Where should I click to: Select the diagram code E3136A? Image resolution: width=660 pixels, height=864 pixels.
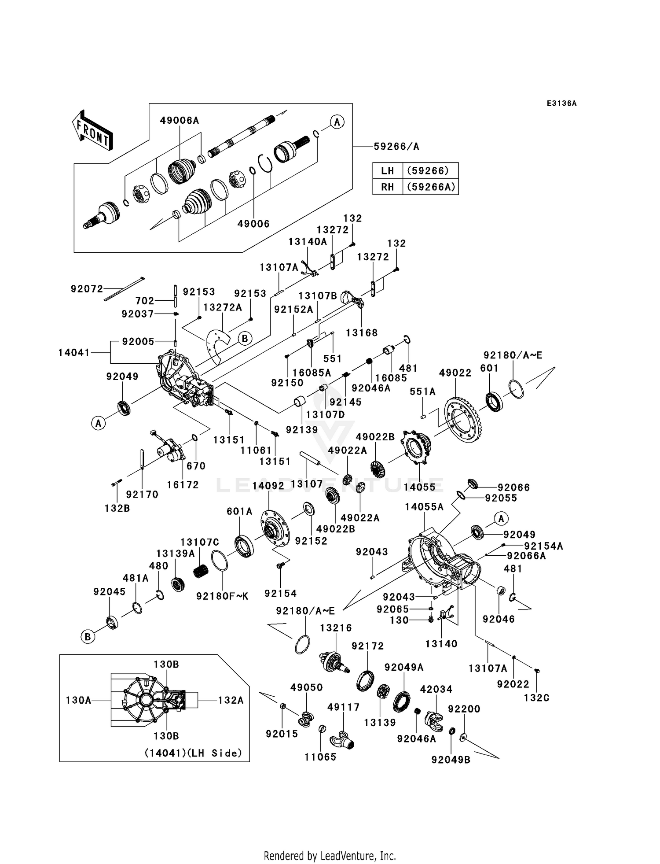561,103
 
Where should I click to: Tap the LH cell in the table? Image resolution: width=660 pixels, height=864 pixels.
388,170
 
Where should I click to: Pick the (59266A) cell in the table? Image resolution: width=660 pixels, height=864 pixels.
430,187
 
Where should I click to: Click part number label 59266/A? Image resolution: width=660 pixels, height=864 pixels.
396,147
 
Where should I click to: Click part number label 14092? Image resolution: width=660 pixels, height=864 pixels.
268,486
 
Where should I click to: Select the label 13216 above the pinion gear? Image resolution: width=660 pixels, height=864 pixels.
336,628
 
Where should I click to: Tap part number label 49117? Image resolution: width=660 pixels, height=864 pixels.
344,707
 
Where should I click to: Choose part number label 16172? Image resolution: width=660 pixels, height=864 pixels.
183,485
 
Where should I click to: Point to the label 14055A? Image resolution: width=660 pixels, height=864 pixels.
425,507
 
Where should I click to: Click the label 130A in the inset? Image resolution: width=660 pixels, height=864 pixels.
79,700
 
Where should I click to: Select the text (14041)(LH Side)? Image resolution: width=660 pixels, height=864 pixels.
194,753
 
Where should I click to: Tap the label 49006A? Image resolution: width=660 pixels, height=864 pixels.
180,120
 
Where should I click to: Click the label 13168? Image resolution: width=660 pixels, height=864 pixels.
362,333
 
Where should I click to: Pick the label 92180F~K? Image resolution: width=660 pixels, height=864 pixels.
223,596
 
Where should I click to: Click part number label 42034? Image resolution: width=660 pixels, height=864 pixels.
436,689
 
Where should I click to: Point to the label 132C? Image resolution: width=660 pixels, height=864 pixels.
537,698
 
